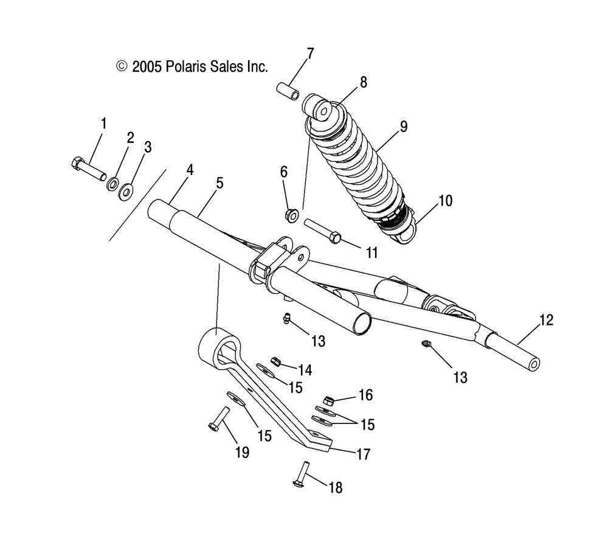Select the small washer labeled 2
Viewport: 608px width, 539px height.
113,184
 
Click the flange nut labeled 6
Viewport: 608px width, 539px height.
291,214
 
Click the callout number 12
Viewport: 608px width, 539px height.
546,320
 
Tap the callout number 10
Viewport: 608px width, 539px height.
446,200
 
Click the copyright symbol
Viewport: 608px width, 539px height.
122,66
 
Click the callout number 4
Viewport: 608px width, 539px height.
190,170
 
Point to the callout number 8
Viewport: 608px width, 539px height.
364,83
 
